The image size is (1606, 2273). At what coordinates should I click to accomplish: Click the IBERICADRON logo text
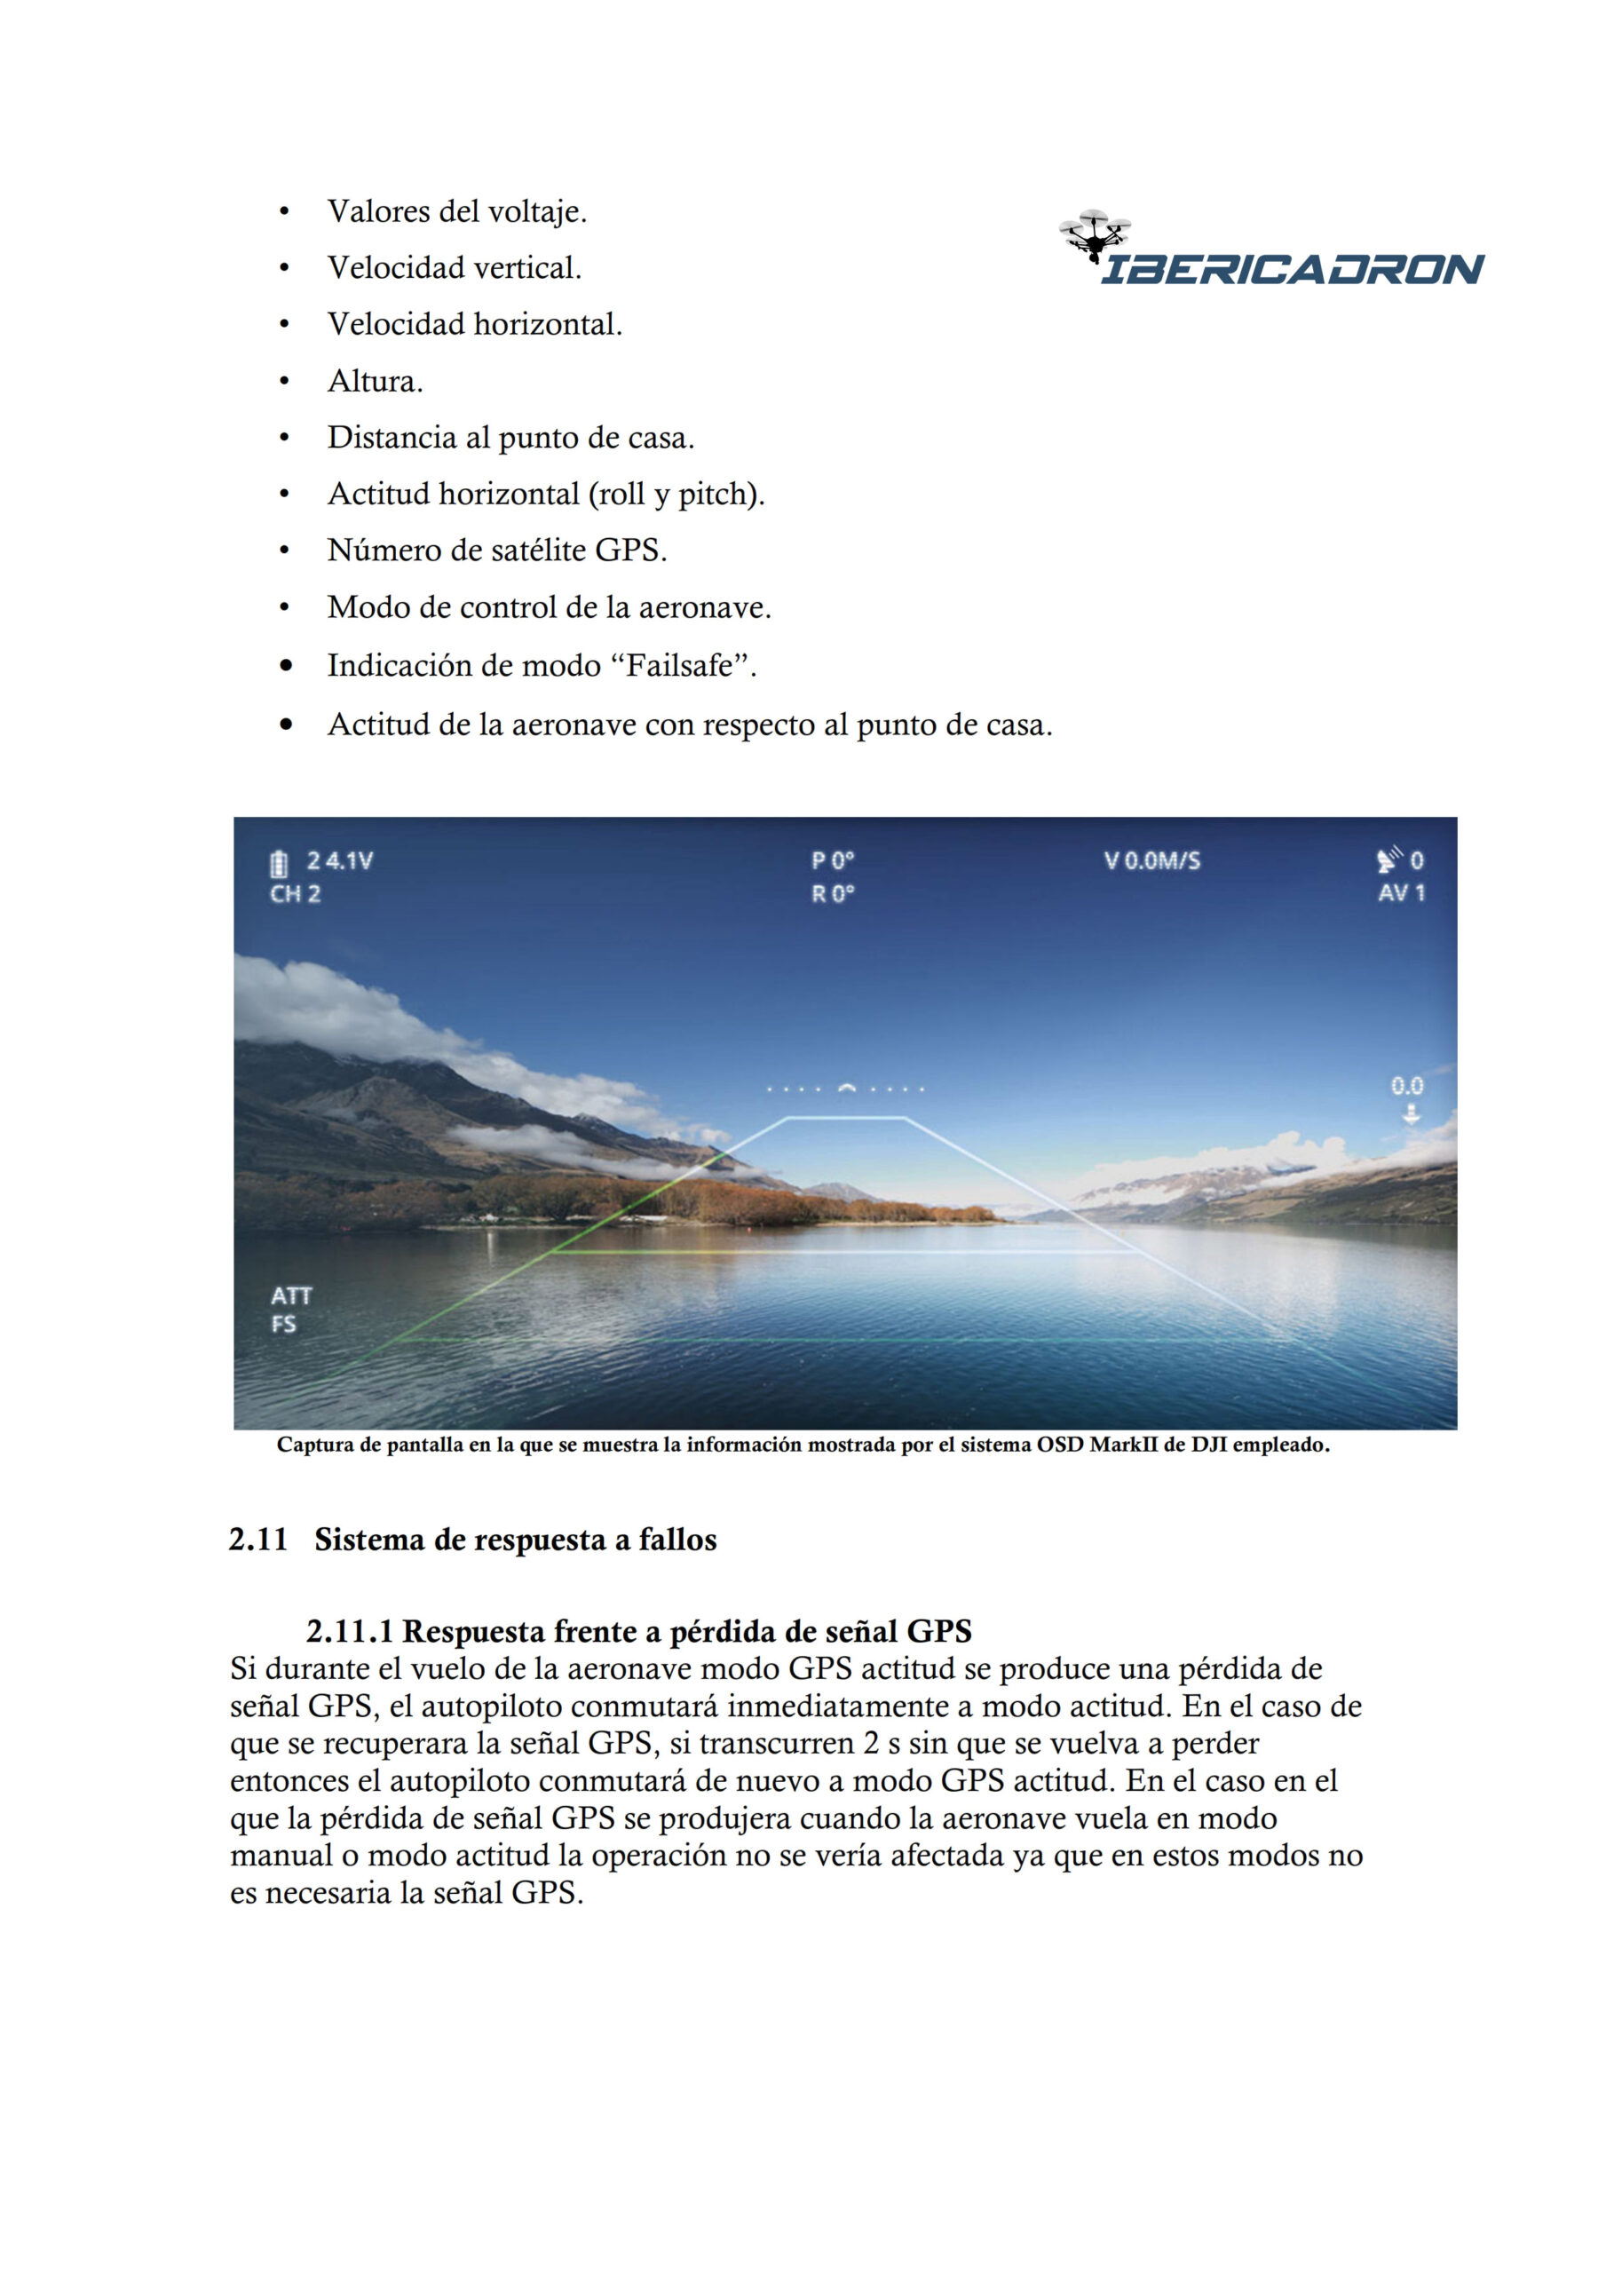pyautogui.click(x=1292, y=269)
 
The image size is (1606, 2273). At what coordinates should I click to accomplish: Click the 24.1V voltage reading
pyautogui.click(x=340, y=860)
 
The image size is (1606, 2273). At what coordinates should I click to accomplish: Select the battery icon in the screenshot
pyautogui.click(x=280, y=863)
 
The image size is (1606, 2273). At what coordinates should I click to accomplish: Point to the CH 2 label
pyautogui.click(x=295, y=894)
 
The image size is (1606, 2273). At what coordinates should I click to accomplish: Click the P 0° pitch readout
pyautogui.click(x=833, y=860)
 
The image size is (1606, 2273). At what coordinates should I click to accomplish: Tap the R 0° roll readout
pyautogui.click(x=833, y=894)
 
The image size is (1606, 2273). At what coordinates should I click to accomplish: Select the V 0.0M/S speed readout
pyautogui.click(x=1151, y=860)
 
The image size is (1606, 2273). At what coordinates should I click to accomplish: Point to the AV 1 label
pyautogui.click(x=1401, y=893)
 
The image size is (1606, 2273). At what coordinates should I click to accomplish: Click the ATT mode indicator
pyautogui.click(x=291, y=1296)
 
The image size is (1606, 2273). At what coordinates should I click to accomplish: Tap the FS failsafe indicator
pyautogui.click(x=284, y=1325)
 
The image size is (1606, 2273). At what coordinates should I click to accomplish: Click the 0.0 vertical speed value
pyautogui.click(x=1407, y=1086)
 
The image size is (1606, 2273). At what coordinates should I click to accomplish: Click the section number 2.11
pyautogui.click(x=257, y=1540)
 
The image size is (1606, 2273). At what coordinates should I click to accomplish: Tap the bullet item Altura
pyautogui.click(x=376, y=381)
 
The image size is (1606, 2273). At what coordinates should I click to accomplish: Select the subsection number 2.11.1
pyautogui.click(x=350, y=1630)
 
